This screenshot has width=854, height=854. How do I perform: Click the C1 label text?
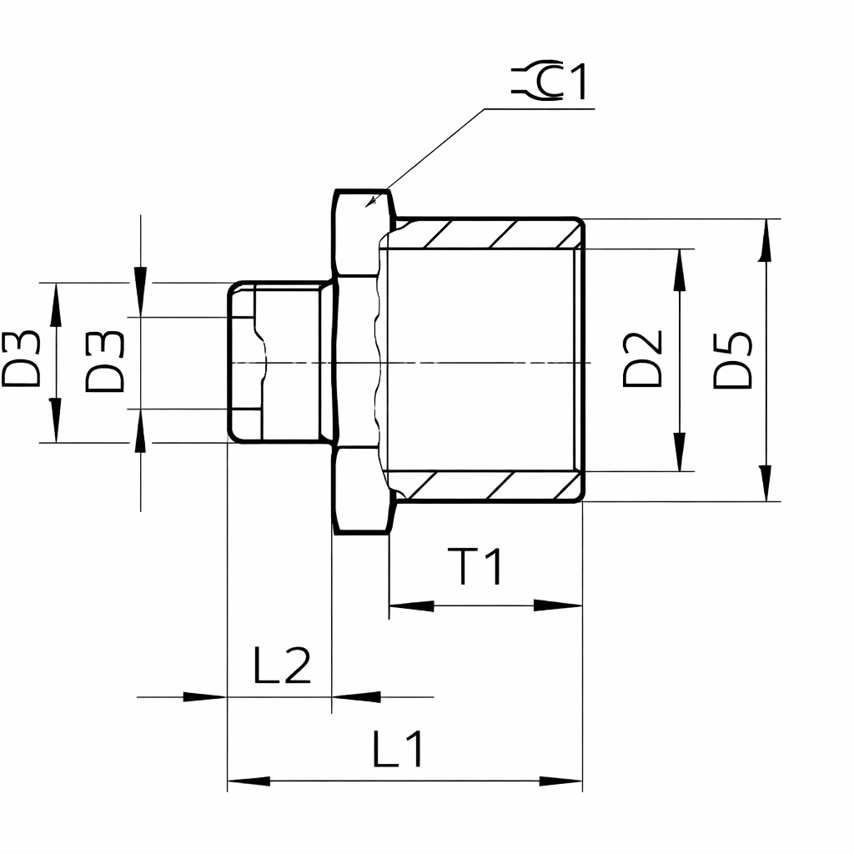(x=563, y=81)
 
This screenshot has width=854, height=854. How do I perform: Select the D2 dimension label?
(x=643, y=359)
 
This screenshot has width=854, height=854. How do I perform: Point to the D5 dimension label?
(x=733, y=360)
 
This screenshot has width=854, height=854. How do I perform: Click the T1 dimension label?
(x=476, y=566)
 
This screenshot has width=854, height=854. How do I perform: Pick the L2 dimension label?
(x=282, y=665)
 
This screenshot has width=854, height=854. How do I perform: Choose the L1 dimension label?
(x=398, y=749)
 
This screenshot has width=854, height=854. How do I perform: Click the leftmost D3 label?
(x=21, y=359)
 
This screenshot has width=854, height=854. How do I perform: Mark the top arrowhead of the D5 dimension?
(x=766, y=240)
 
